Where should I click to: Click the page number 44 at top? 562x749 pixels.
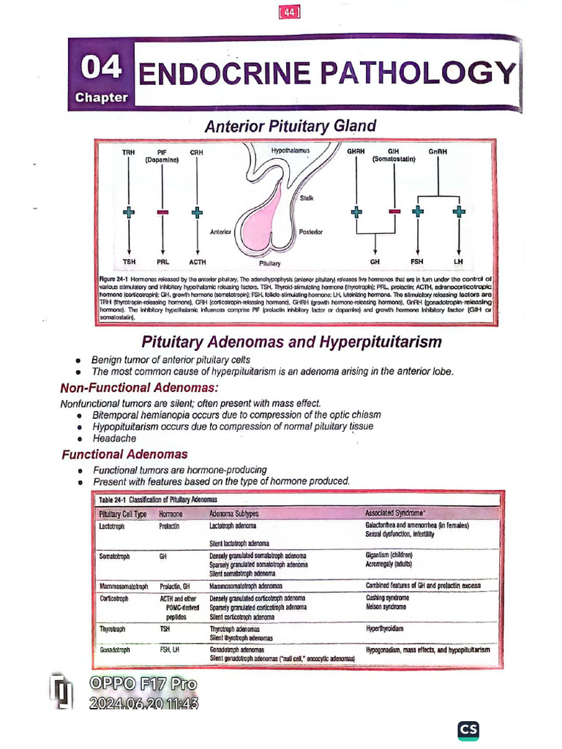[291, 12]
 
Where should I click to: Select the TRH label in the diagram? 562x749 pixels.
[128, 151]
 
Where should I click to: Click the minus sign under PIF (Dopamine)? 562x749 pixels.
[162, 212]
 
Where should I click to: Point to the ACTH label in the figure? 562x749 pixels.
[196, 261]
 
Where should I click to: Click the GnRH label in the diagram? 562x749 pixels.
[438, 151]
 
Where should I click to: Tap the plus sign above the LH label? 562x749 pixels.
[459, 212]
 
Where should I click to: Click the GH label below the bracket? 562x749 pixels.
[375, 261]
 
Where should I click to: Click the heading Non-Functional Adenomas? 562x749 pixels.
[139, 388]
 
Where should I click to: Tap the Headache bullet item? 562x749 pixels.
[114, 438]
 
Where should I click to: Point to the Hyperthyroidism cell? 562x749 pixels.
[385, 628]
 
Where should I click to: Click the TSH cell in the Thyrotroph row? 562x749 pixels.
[165, 628]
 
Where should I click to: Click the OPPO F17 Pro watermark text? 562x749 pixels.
[143, 685]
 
